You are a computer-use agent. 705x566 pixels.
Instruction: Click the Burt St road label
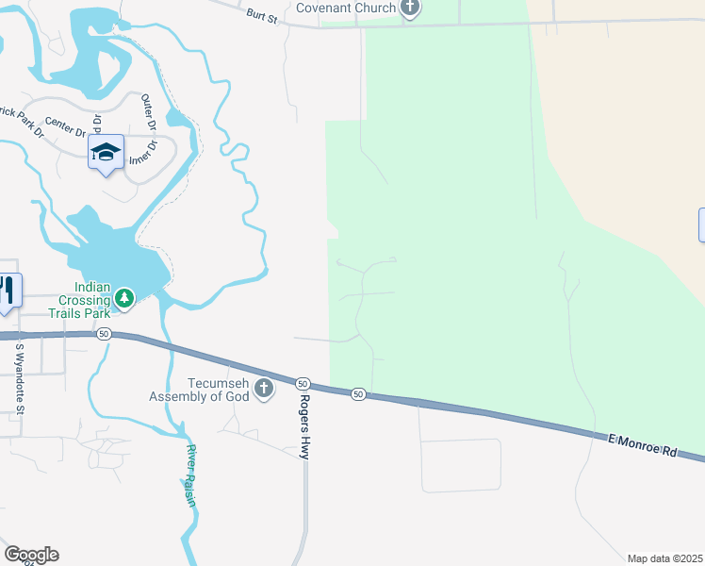click(262, 16)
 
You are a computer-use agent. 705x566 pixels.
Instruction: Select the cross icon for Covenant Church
click(409, 8)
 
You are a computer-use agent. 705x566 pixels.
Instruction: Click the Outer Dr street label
click(147, 112)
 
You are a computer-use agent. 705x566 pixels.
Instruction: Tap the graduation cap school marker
click(107, 153)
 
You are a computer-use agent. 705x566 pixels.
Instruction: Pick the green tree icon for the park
click(123, 298)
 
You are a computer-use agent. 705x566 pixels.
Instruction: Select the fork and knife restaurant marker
click(7, 290)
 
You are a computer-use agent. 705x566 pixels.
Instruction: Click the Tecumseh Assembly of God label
click(199, 390)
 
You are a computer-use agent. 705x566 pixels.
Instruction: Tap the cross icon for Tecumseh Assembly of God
click(263, 388)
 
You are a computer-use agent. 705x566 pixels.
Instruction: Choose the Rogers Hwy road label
click(304, 426)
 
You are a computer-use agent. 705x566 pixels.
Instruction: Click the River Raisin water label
click(191, 475)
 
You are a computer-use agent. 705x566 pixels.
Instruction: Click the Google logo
click(31, 555)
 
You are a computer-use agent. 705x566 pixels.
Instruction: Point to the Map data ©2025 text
click(664, 558)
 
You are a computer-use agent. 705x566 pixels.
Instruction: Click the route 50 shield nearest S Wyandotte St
click(104, 334)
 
